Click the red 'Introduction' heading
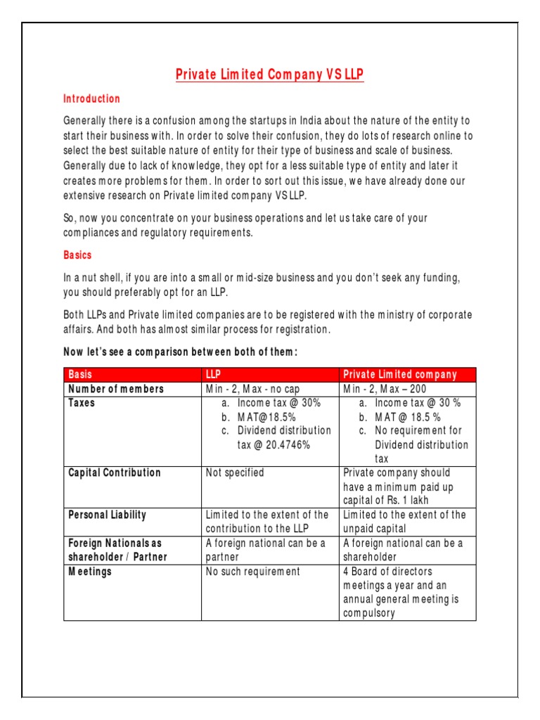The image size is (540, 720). coord(91,99)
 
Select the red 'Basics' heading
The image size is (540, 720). coord(78,255)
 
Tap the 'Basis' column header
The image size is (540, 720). coord(80,375)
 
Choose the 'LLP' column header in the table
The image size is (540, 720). coord(214,375)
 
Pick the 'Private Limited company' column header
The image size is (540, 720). coord(399,375)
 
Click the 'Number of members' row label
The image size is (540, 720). coord(115,389)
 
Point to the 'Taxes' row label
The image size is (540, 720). coord(82,403)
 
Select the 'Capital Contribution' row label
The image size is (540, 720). coord(114,472)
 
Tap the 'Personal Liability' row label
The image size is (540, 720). coord(107,515)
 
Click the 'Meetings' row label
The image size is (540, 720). coord(89,572)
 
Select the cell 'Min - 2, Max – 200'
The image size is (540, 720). coord(385,389)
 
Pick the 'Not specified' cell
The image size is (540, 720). coord(235,472)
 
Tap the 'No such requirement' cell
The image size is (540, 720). coord(252,572)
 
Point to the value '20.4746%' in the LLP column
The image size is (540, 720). coord(285,445)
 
